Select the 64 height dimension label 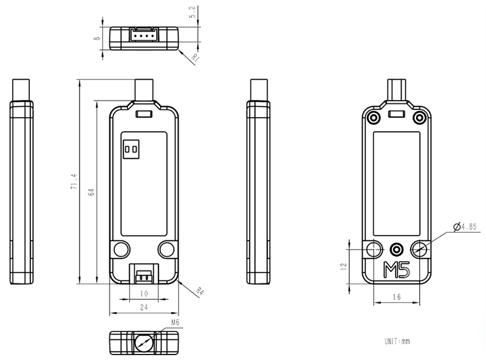(91, 192)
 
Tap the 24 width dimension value (144, 308)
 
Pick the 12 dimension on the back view (343, 266)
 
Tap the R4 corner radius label (199, 291)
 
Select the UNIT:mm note (397, 342)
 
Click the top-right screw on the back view (419, 116)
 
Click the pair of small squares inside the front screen (130, 149)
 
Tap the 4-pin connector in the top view (144, 36)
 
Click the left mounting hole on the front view (120, 248)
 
